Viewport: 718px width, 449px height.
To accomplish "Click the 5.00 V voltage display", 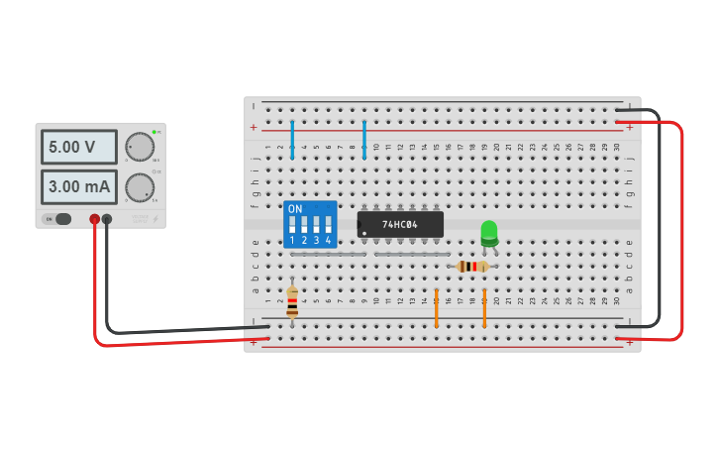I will (78, 147).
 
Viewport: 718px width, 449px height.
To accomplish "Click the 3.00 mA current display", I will (78, 186).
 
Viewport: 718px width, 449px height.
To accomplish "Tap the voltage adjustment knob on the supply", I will (140, 147).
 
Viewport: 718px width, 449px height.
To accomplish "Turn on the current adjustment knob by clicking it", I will (140, 187).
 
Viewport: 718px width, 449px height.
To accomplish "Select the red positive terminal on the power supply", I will (94, 219).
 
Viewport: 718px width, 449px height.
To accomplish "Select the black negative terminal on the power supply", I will (107, 219).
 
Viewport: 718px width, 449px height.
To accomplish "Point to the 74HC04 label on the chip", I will (400, 225).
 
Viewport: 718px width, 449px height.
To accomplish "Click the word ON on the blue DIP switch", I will (294, 209).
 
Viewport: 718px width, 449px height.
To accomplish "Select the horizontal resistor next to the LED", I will (473, 266).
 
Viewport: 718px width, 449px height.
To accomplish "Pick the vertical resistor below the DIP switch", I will (292, 302).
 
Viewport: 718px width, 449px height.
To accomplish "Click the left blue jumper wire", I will (292, 139).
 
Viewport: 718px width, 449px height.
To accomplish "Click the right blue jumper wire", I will (364, 139).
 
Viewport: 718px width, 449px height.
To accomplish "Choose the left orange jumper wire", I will (436, 308).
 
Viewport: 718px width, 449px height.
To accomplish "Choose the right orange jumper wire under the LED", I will (484, 308).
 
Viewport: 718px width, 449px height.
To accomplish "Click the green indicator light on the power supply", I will (154, 132).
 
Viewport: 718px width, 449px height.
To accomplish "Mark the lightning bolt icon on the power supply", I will (155, 218).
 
